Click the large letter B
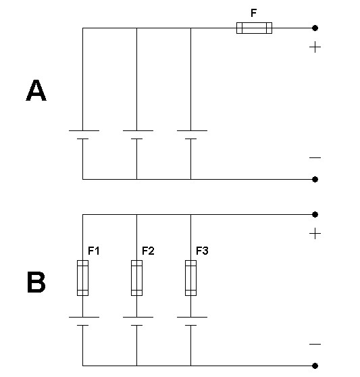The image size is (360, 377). (x=36, y=282)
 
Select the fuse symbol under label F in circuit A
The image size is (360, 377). (x=254, y=28)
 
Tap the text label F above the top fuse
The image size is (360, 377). (x=254, y=13)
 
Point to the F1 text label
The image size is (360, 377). (x=94, y=251)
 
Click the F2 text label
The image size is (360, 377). (x=148, y=251)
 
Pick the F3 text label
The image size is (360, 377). (x=202, y=251)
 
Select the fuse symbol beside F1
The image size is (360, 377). (x=82, y=278)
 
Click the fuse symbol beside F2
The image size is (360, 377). (x=136, y=278)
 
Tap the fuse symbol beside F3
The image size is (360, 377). (x=191, y=278)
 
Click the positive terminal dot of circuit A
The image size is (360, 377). (x=315, y=28)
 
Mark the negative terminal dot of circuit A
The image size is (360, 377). (x=315, y=179)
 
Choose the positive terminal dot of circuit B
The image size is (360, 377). (x=315, y=214)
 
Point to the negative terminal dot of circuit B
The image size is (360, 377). (x=315, y=366)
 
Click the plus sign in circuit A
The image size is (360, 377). (x=315, y=47)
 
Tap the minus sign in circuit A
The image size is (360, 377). (x=315, y=157)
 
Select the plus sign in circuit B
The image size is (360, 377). (x=315, y=234)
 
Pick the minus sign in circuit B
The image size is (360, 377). (x=315, y=345)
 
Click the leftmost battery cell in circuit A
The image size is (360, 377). (x=84, y=135)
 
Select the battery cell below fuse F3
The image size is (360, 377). (x=192, y=322)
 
